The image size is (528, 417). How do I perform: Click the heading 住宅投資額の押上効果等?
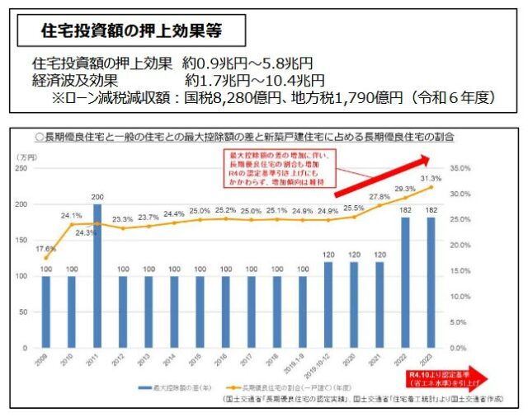point(131,32)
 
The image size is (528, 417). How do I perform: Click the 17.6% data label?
point(45,248)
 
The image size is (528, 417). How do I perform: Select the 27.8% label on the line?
point(379,196)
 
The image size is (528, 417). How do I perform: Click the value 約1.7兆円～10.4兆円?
point(254,80)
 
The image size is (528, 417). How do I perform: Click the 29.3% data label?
point(405,189)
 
